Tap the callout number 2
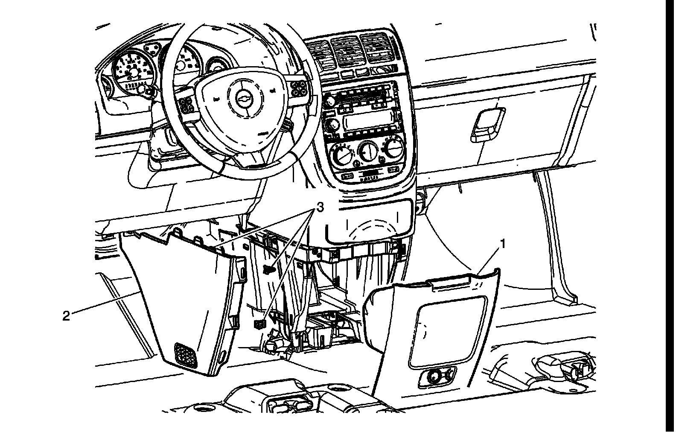tap(66, 316)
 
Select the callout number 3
tap(319, 207)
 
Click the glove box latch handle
tap(487, 125)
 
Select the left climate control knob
tap(341, 155)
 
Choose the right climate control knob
tap(393, 147)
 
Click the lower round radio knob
tap(331, 126)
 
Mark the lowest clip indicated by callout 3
tap(259, 324)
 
